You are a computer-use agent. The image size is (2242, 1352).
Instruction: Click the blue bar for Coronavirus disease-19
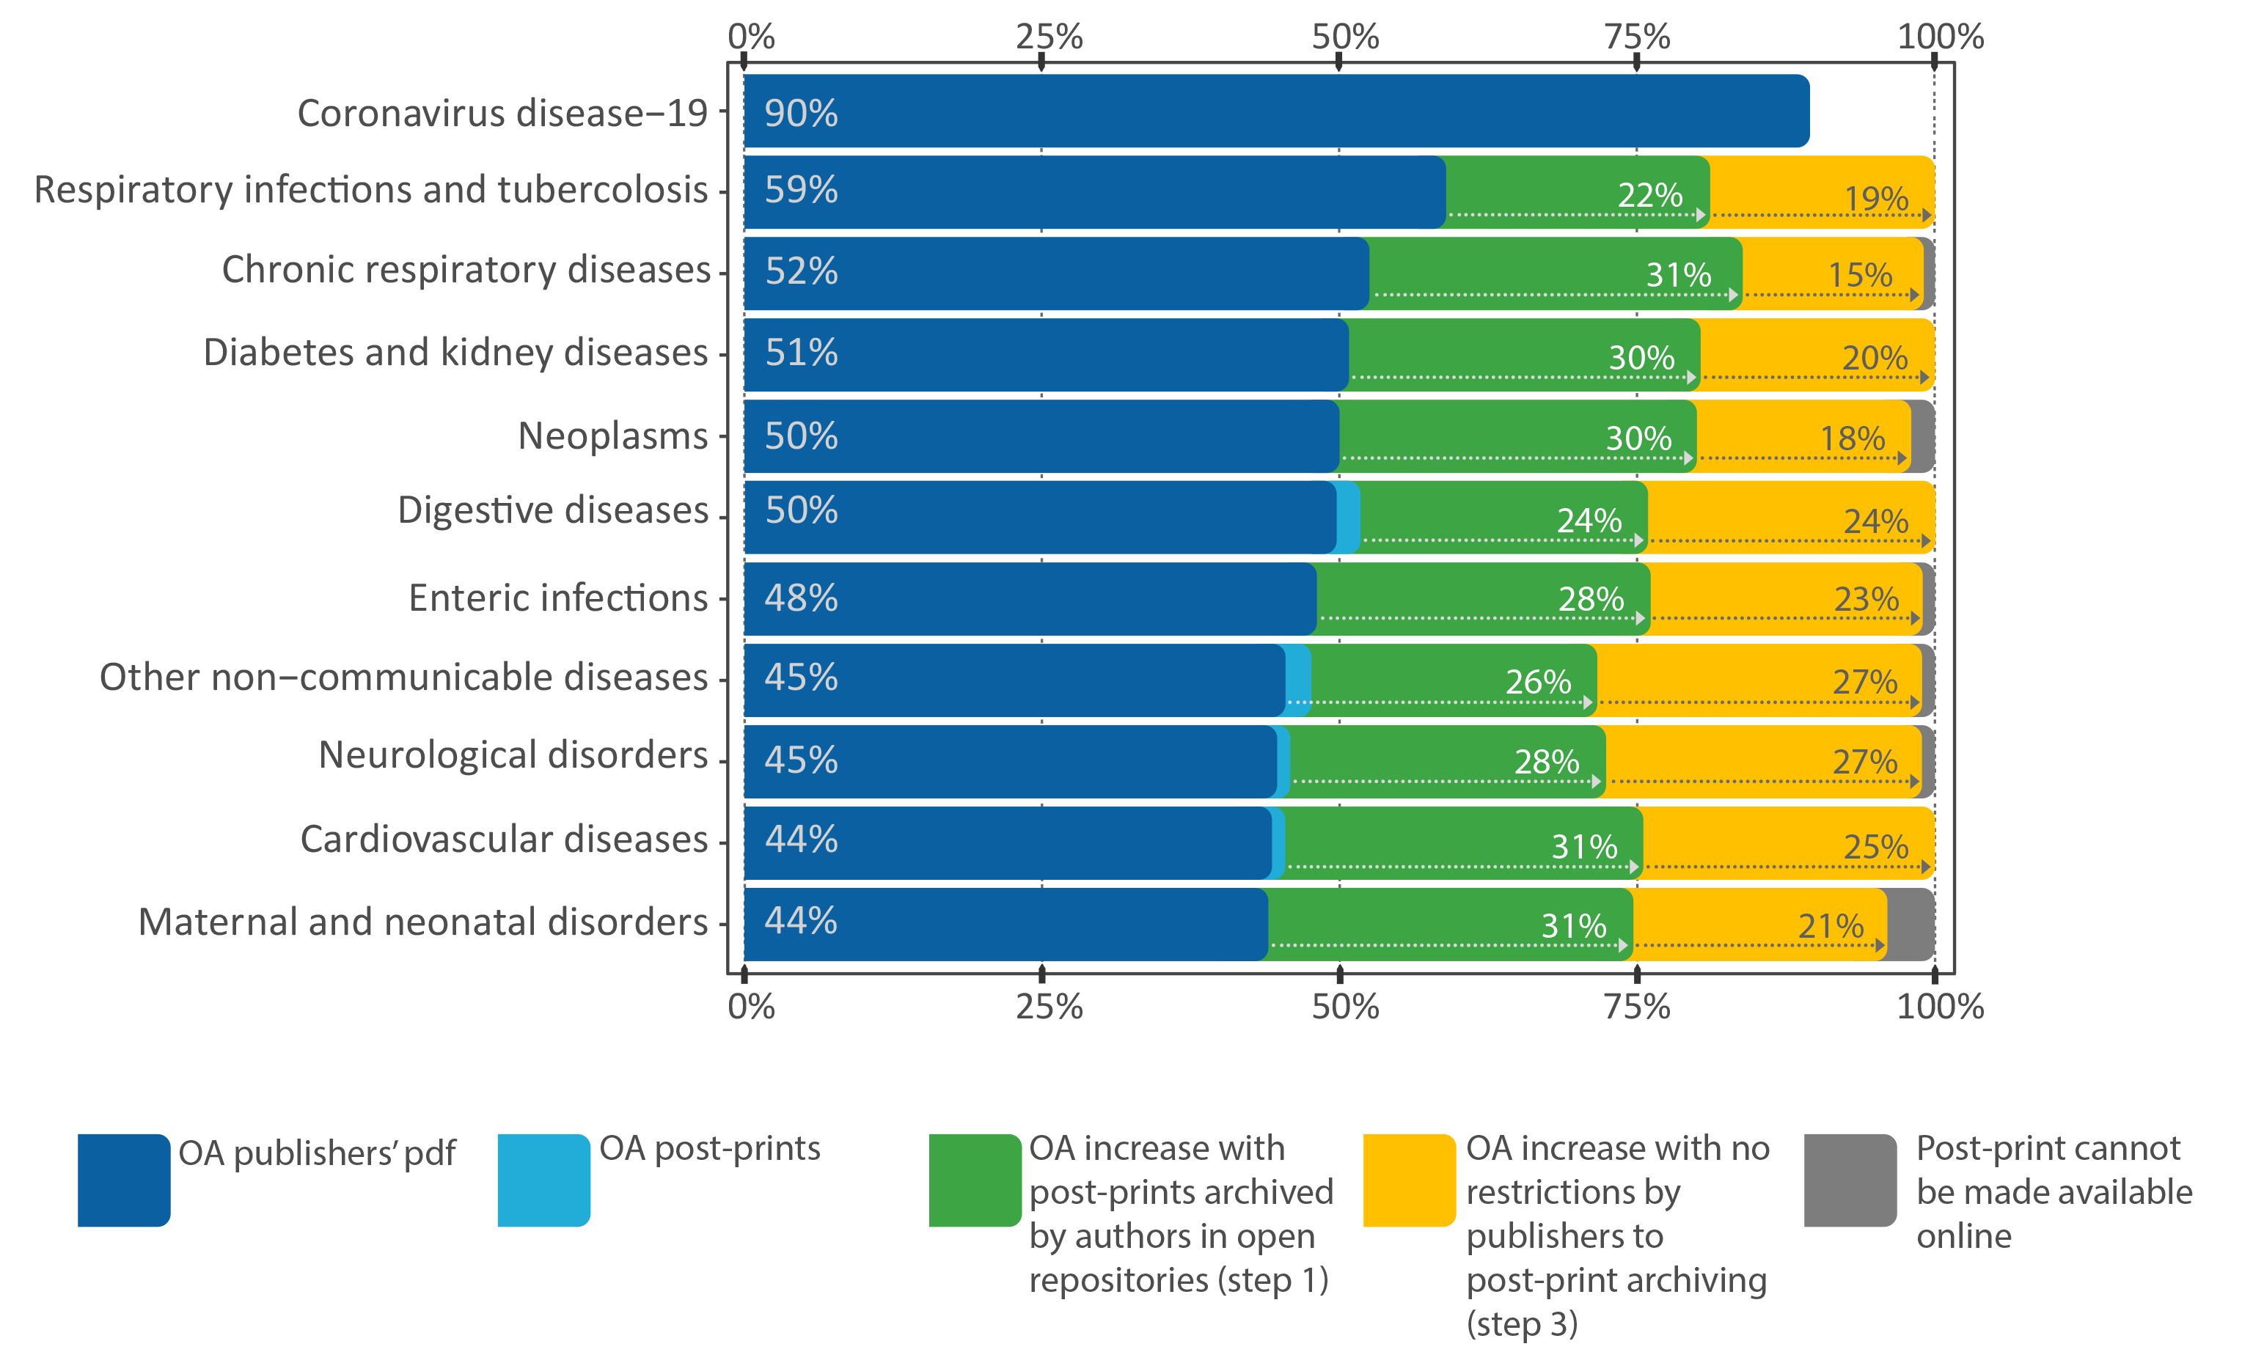pyautogui.click(x=1274, y=111)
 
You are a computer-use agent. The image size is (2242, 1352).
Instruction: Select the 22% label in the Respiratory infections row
pyautogui.click(x=1649, y=195)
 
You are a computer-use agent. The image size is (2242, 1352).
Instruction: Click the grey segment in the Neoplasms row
pyautogui.click(x=1923, y=437)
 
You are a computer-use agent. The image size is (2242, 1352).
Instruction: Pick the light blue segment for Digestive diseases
pyautogui.click(x=1349, y=517)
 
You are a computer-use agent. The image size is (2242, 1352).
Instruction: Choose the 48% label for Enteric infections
pyautogui.click(x=801, y=598)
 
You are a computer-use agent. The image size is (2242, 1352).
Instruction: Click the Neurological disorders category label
pyautogui.click(x=512, y=755)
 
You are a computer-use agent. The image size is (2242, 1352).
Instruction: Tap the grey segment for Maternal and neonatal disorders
pyautogui.click(x=1911, y=924)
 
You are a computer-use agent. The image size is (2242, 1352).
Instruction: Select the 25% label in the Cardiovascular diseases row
pyautogui.click(x=1875, y=847)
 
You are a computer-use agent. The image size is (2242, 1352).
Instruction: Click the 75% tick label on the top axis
pyautogui.click(x=1636, y=37)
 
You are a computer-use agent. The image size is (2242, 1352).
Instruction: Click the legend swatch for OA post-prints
pyautogui.click(x=543, y=1179)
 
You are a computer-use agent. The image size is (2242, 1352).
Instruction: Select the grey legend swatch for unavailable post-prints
pyautogui.click(x=1850, y=1179)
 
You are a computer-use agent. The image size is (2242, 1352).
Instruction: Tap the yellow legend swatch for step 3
pyautogui.click(x=1409, y=1179)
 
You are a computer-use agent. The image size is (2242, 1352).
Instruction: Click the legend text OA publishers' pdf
pyautogui.click(x=317, y=1153)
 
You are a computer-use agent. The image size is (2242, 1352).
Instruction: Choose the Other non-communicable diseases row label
pyautogui.click(x=403, y=677)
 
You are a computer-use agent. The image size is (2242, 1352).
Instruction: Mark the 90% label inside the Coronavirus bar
pyautogui.click(x=801, y=113)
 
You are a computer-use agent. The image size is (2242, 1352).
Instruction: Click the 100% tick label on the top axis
pyautogui.click(x=1940, y=37)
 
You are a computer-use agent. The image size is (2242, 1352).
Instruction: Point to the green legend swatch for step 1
pyautogui.click(x=975, y=1179)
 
